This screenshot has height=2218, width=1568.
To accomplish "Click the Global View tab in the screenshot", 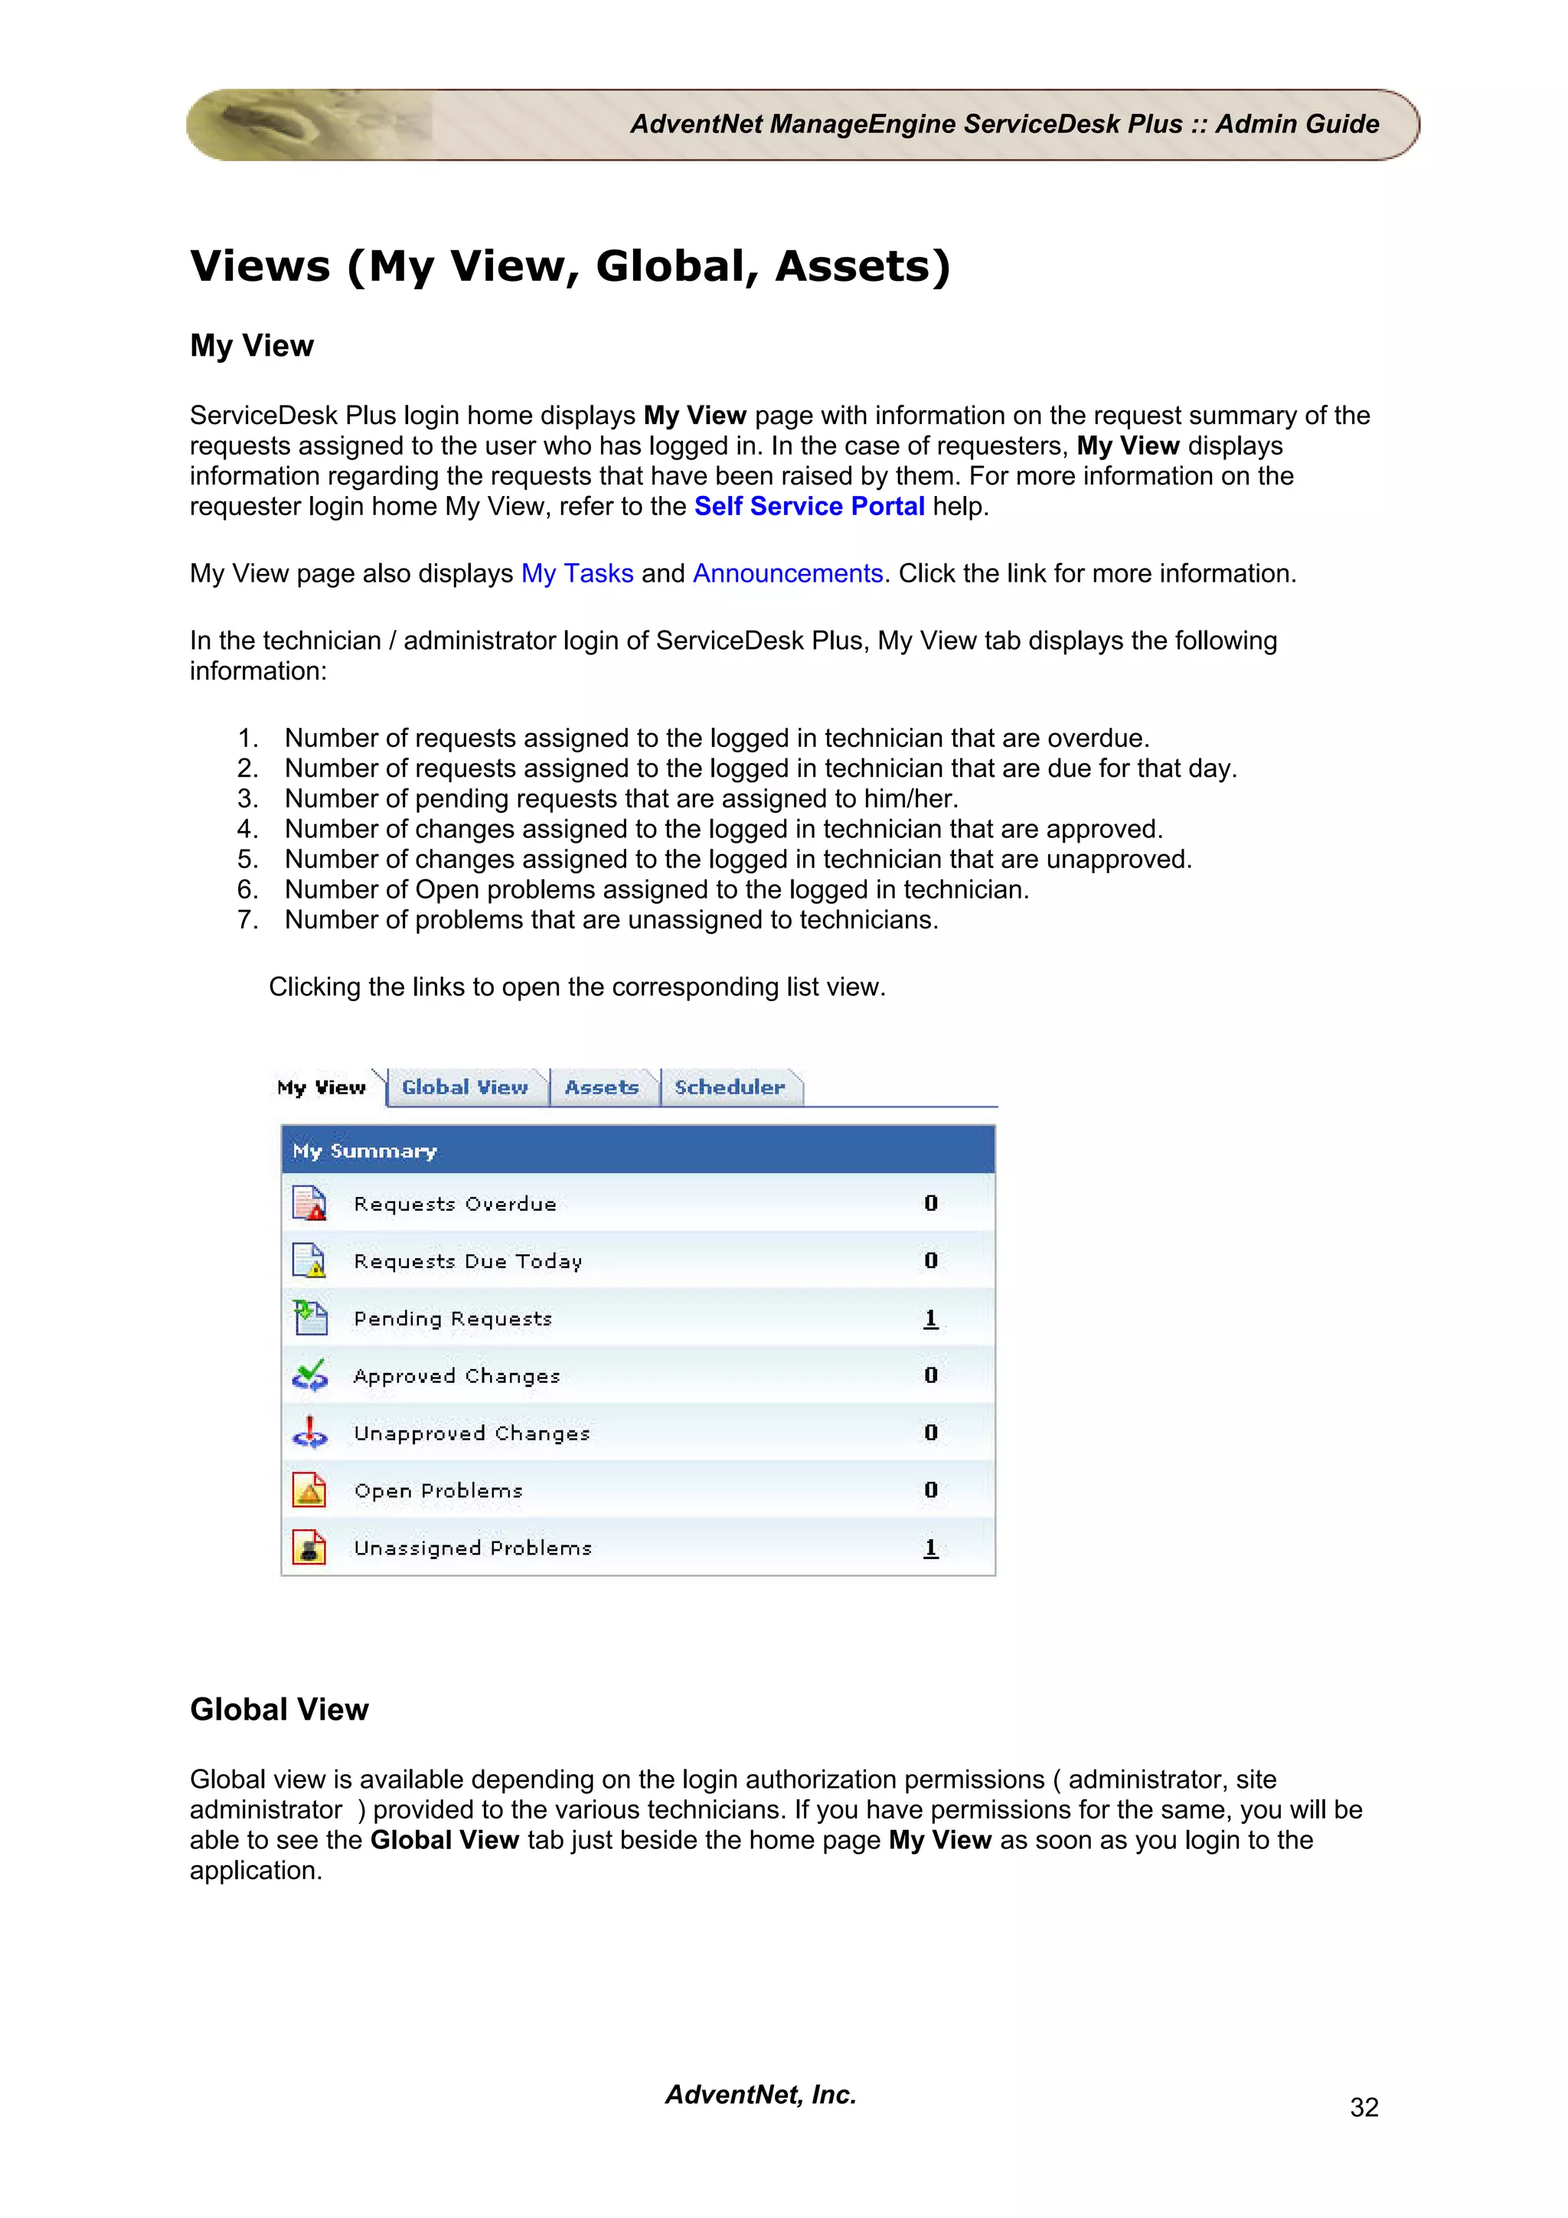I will point(465,1087).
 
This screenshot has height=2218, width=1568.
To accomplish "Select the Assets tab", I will point(601,1087).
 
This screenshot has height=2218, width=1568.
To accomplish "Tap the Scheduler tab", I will point(730,1087).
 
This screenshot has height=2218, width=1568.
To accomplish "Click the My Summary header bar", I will point(638,1150).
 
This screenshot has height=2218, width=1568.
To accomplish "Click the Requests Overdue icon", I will point(309,1204).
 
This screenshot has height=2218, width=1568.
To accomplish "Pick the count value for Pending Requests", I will point(930,1318).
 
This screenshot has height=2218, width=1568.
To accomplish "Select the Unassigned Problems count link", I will point(930,1548).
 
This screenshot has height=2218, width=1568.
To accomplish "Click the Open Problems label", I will point(438,1491).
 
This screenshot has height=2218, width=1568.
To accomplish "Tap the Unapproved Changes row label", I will point(472,1434).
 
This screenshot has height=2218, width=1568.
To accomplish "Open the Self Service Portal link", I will point(808,506).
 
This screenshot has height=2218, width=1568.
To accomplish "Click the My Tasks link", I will point(577,574).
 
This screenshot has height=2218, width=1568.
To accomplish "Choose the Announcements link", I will point(787,574).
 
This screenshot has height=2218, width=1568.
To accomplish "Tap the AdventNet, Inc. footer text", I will point(760,2094).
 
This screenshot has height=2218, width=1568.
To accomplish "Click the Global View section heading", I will point(279,1709).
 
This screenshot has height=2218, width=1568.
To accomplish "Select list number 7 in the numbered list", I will point(247,920).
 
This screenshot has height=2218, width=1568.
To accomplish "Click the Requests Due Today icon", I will point(309,1261).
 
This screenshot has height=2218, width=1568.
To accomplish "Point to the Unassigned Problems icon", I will point(309,1548).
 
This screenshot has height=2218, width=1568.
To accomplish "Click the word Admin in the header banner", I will point(1250,125).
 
